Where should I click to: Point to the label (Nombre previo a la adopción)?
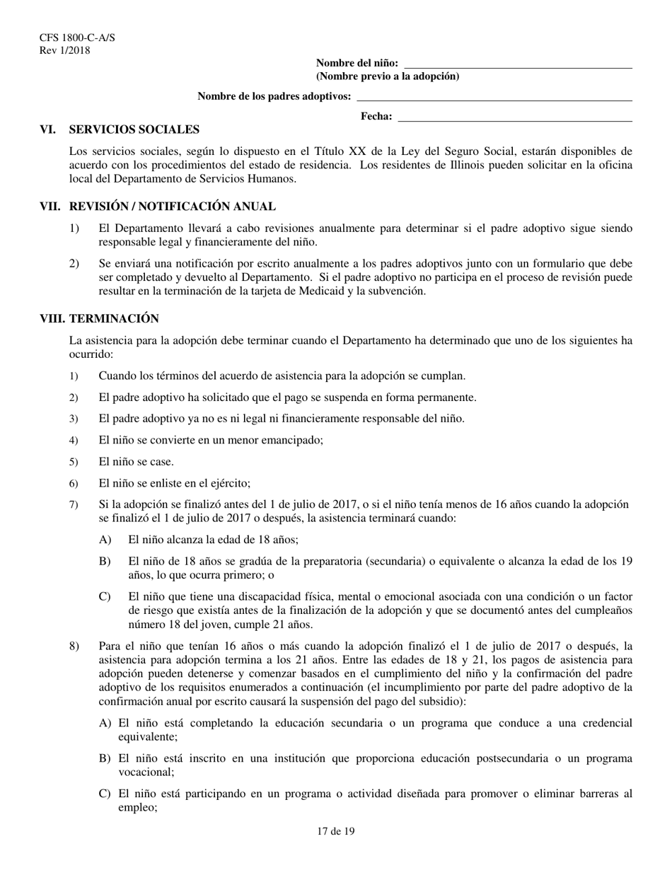(x=387, y=76)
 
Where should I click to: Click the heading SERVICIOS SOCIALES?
(x=134, y=129)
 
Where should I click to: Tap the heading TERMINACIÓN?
(x=114, y=319)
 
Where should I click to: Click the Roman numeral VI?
(x=48, y=129)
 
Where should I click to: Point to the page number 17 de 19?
(x=336, y=832)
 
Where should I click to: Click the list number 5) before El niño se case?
(x=74, y=463)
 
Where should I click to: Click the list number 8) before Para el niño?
(x=74, y=646)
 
